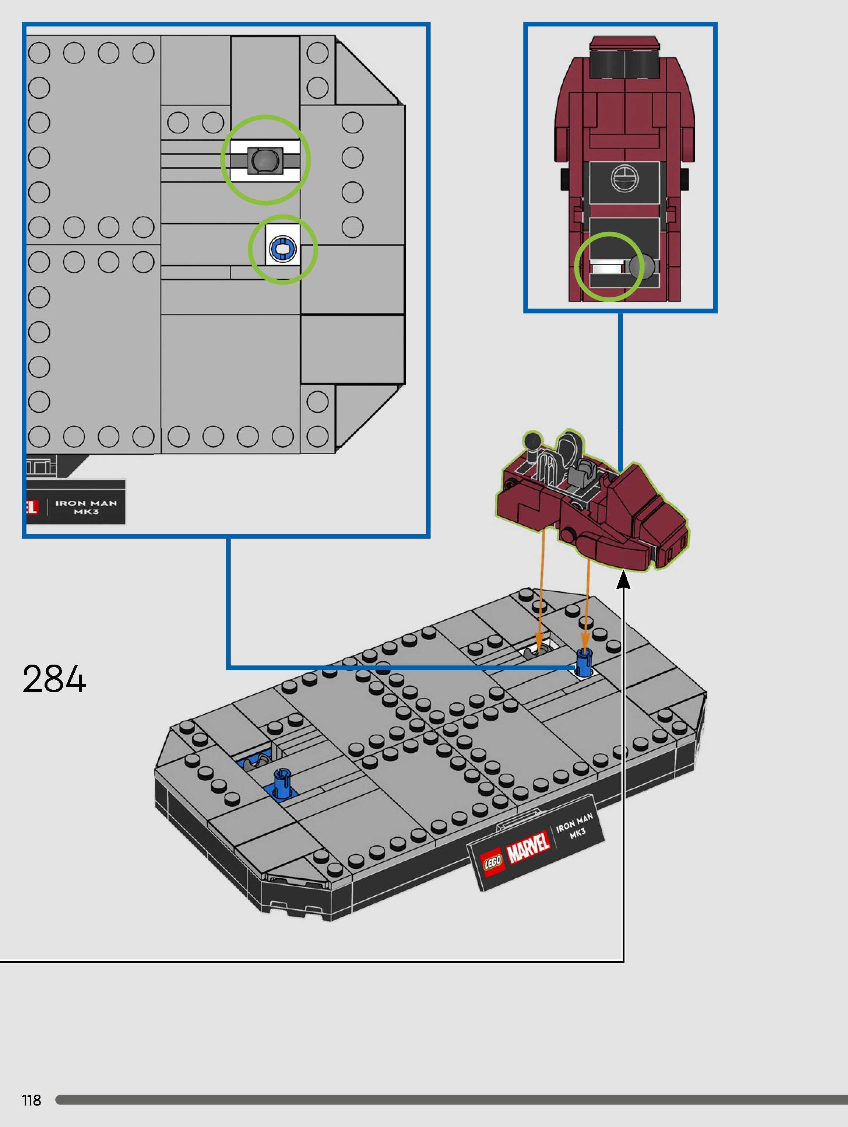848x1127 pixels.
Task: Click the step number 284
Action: (x=54, y=679)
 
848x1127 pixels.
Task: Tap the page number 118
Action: (x=32, y=1100)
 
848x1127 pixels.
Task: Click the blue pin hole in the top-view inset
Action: (x=283, y=249)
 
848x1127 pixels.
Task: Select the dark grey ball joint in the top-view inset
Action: (x=265, y=160)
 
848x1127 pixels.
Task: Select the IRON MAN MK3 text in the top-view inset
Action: (x=86, y=507)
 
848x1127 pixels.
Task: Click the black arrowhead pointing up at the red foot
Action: (x=624, y=580)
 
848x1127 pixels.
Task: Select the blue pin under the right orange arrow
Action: (x=584, y=662)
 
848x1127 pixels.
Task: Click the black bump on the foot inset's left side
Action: (x=565, y=178)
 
